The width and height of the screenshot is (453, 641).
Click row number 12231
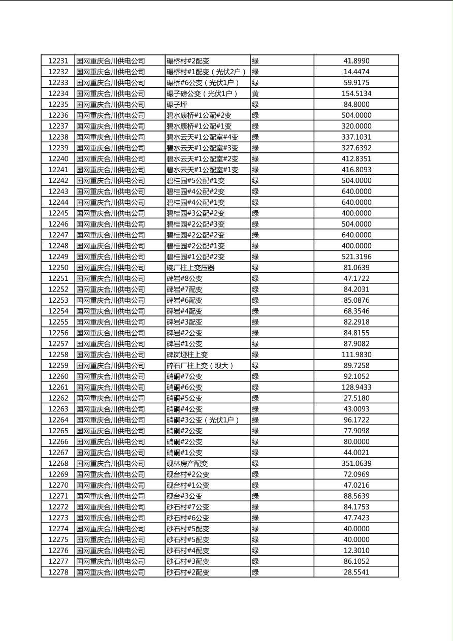point(58,61)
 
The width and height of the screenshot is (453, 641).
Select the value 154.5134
point(356,93)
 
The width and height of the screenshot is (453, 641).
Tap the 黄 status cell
point(255,93)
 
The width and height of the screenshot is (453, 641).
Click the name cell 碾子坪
point(177,105)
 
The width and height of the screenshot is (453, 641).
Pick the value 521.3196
point(356,257)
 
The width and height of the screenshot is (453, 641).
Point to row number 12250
point(58,268)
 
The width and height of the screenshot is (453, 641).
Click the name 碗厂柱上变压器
point(190,268)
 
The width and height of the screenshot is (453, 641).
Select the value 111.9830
point(356,355)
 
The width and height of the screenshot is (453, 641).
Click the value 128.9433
point(356,387)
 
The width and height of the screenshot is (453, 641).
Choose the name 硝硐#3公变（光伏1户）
point(203,420)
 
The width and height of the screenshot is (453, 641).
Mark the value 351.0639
point(356,463)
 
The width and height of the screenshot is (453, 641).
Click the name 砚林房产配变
point(187,463)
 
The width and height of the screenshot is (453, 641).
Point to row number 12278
point(58,572)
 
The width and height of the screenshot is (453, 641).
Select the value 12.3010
point(356,550)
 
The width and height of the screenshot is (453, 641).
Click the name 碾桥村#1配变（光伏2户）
point(206,72)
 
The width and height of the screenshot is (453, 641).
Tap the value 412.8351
point(356,159)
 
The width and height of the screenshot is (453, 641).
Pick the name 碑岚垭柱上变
point(187,355)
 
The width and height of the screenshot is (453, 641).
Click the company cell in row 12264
point(110,420)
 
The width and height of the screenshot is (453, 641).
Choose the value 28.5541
point(356,572)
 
